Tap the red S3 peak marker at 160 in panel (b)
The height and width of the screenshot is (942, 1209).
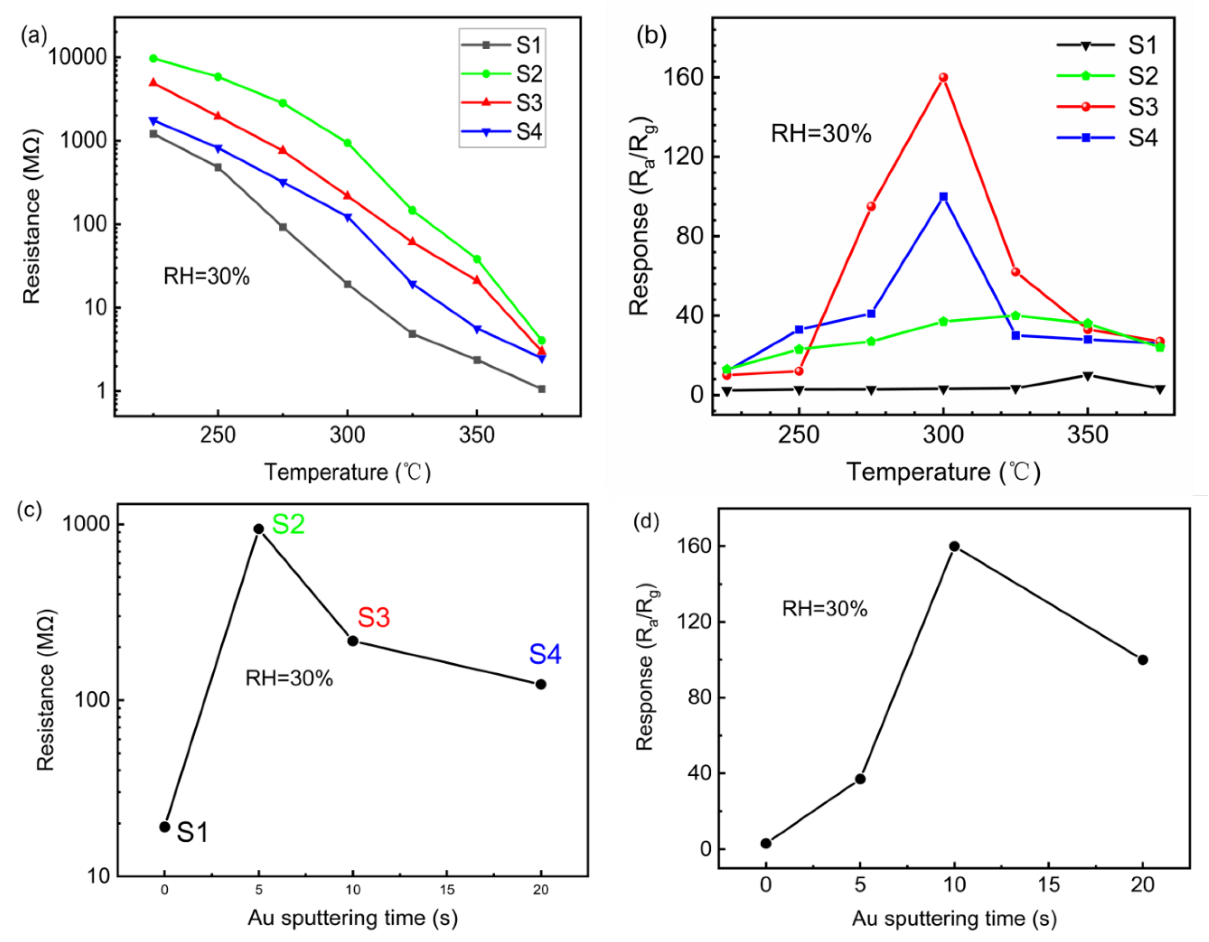tap(943, 77)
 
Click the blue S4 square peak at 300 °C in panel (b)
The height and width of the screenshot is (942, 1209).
tap(943, 197)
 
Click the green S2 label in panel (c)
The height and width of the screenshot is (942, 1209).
tap(288, 524)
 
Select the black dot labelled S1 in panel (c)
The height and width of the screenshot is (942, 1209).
tap(165, 827)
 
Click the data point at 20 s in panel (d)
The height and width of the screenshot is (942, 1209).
tap(1143, 660)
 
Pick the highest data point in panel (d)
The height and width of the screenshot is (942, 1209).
tap(954, 546)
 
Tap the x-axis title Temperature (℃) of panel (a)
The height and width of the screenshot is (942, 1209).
tap(347, 472)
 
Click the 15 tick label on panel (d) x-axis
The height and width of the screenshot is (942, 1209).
tap(1049, 885)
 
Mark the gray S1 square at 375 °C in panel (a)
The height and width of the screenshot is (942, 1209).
tap(541, 389)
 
